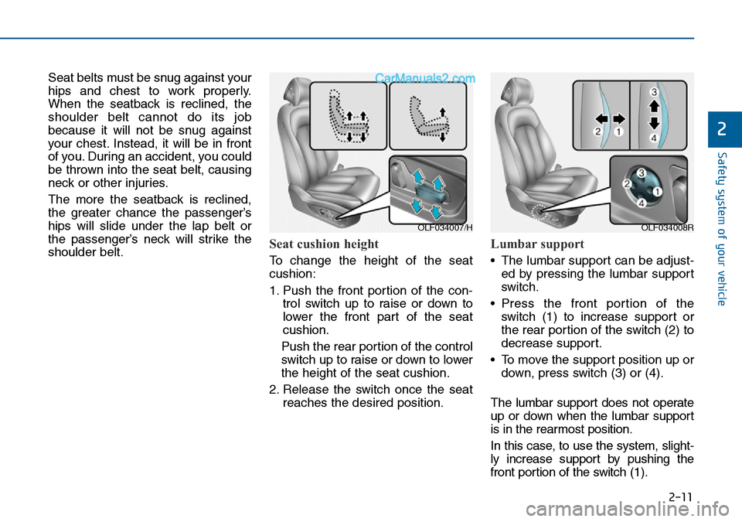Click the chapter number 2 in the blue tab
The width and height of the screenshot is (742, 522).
(723, 130)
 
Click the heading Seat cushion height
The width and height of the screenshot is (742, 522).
(324, 244)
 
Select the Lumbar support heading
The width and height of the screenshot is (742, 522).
(537, 244)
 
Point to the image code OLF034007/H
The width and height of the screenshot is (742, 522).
(445, 227)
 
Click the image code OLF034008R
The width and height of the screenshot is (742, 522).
(666, 227)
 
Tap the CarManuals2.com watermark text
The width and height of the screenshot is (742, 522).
(425, 78)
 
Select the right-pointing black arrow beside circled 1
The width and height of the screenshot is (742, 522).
(619, 120)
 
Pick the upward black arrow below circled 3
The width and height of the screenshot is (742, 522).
(653, 105)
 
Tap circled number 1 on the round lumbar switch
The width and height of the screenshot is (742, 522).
(657, 190)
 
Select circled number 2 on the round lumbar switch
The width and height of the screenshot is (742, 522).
(628, 184)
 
